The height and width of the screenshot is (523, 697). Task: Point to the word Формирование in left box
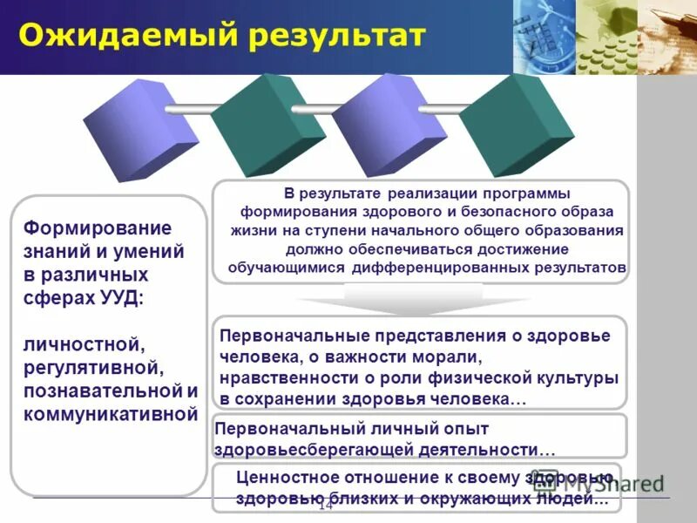click(x=98, y=228)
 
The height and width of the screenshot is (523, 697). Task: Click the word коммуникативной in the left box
click(x=112, y=414)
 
